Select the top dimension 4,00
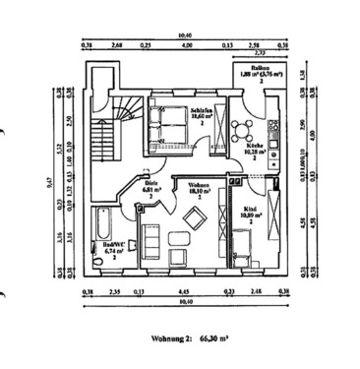tap(187, 44)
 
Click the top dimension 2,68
tap(116, 44)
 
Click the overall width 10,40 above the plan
tap(182, 35)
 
